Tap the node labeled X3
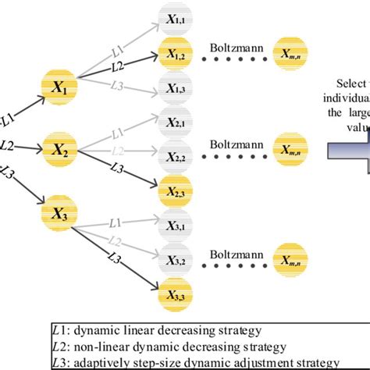click(x=60, y=212)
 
